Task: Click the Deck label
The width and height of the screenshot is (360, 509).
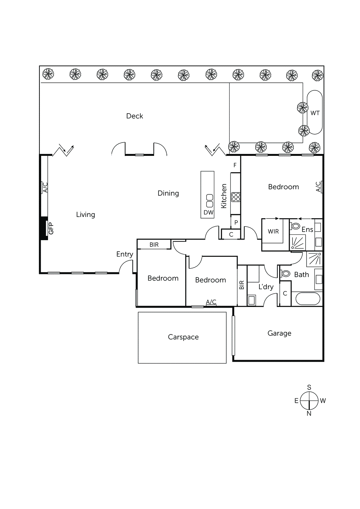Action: (x=134, y=116)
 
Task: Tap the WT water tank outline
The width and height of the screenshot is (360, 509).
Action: (x=314, y=112)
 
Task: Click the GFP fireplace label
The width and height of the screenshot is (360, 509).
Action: (x=51, y=228)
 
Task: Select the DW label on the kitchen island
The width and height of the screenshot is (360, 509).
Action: (x=208, y=213)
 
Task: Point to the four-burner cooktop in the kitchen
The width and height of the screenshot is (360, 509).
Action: (x=236, y=197)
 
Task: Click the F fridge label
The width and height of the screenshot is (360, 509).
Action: (x=235, y=165)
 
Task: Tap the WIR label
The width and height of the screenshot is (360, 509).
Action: (x=273, y=232)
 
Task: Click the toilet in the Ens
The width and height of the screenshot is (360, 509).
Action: (x=295, y=226)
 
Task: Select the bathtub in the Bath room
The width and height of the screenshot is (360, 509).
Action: (x=307, y=299)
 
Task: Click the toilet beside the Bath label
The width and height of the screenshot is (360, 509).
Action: (x=286, y=274)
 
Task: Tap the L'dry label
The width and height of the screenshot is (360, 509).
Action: (x=266, y=287)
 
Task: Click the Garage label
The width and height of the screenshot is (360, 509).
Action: (x=279, y=333)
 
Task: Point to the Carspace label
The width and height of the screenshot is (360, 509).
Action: (x=183, y=337)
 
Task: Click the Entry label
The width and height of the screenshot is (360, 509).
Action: (x=124, y=254)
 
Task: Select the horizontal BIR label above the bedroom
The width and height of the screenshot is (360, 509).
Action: (x=154, y=245)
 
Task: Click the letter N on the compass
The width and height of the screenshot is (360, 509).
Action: (x=309, y=413)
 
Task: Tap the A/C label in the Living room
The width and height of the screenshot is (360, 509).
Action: (x=45, y=187)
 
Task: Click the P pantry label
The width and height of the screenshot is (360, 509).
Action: (x=236, y=222)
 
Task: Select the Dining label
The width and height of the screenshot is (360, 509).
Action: (x=168, y=193)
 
